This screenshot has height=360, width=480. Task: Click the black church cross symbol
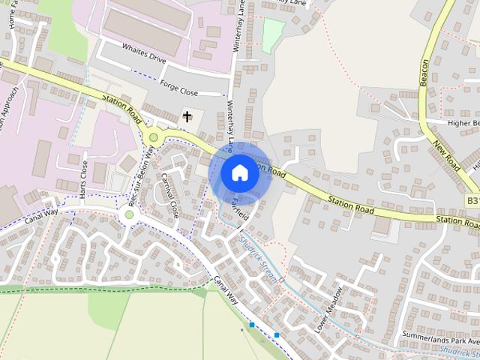[187, 116]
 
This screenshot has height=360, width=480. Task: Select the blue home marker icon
[238, 172]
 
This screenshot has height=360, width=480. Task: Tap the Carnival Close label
[169, 193]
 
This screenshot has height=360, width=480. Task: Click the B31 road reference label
[472, 201]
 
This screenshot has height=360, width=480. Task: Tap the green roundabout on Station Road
[154, 136]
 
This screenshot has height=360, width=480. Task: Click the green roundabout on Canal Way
[129, 214]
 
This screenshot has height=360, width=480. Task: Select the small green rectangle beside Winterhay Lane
[273, 31]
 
